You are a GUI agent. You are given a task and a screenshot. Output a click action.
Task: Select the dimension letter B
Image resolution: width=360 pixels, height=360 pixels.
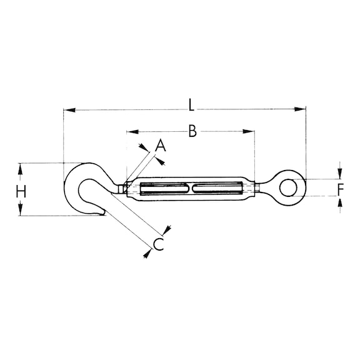click(x=192, y=131)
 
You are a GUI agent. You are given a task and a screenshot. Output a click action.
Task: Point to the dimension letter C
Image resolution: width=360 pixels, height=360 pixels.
click(x=159, y=244)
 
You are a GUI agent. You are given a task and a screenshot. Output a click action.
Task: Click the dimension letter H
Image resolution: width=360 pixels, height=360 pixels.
click(x=21, y=191)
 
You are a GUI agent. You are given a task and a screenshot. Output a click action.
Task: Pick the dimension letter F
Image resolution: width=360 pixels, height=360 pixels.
click(x=340, y=188)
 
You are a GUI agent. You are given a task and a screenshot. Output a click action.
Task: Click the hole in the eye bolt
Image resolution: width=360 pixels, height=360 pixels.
click(x=289, y=187)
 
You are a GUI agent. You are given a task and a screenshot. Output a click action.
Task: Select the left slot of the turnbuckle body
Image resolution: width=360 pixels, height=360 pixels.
click(x=164, y=188)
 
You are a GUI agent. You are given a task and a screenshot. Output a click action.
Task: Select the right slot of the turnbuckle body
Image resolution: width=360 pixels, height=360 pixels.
click(x=217, y=188)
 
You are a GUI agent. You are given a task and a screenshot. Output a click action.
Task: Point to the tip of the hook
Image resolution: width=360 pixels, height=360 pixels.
click(x=101, y=214)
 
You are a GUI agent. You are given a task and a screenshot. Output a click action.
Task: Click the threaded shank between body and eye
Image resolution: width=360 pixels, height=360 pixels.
click(x=261, y=187)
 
